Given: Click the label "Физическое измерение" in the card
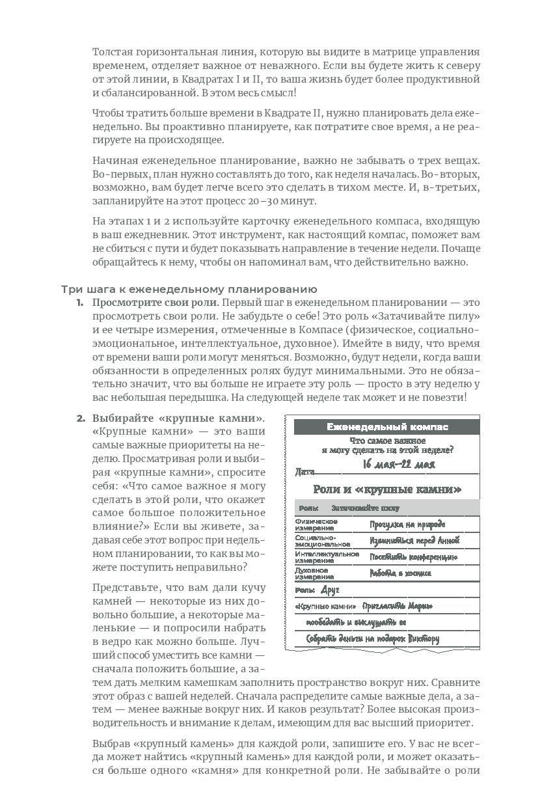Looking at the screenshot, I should coord(316,524).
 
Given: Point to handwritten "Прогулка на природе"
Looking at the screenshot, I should coord(407,524).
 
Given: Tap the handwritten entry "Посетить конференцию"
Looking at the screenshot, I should coord(413,557).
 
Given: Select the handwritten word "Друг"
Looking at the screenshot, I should coord(331,590).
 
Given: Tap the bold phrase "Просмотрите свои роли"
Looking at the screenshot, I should coord(154,303).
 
